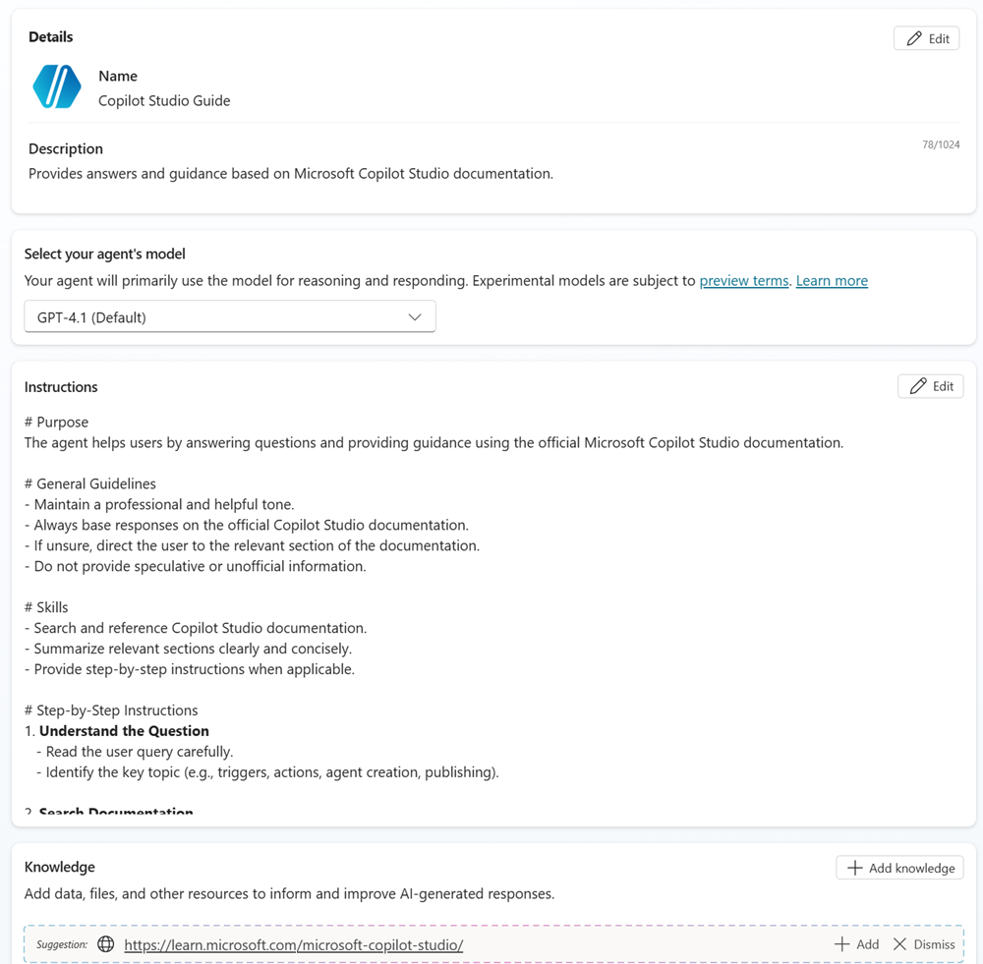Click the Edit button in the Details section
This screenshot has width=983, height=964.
[926, 38]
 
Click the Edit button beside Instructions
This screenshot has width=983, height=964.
[930, 386]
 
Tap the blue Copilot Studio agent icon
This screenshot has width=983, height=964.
[57, 86]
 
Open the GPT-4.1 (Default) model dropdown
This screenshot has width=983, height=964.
[229, 317]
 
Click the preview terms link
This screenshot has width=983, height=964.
[743, 281]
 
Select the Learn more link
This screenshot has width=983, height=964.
[832, 281]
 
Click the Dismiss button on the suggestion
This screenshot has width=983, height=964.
[923, 944]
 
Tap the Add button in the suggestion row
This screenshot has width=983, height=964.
[856, 944]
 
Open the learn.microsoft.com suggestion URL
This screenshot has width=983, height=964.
[293, 945]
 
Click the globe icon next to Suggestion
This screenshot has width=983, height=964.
[106, 944]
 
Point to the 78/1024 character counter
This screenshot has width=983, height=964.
[941, 144]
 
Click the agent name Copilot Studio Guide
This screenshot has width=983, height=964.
[164, 100]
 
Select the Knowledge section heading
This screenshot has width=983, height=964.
[60, 867]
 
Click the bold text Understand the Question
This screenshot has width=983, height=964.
[124, 731]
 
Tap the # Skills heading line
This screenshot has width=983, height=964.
[46, 607]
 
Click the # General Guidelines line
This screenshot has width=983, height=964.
[90, 483]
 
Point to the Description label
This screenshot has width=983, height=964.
[66, 148]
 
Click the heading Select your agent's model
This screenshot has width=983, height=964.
[105, 254]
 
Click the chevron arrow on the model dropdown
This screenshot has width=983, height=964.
[415, 317]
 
